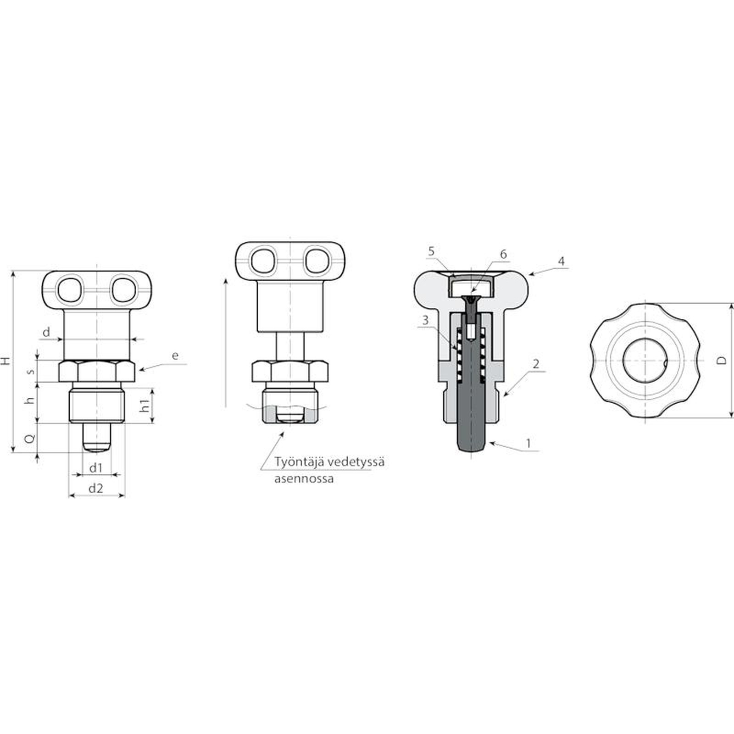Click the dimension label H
click(6, 361)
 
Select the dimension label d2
click(95, 489)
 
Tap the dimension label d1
click(95, 468)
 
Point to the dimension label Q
click(29, 439)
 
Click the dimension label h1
click(145, 406)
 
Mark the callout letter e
click(175, 356)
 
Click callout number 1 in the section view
click(528, 444)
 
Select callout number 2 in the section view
click(536, 364)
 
